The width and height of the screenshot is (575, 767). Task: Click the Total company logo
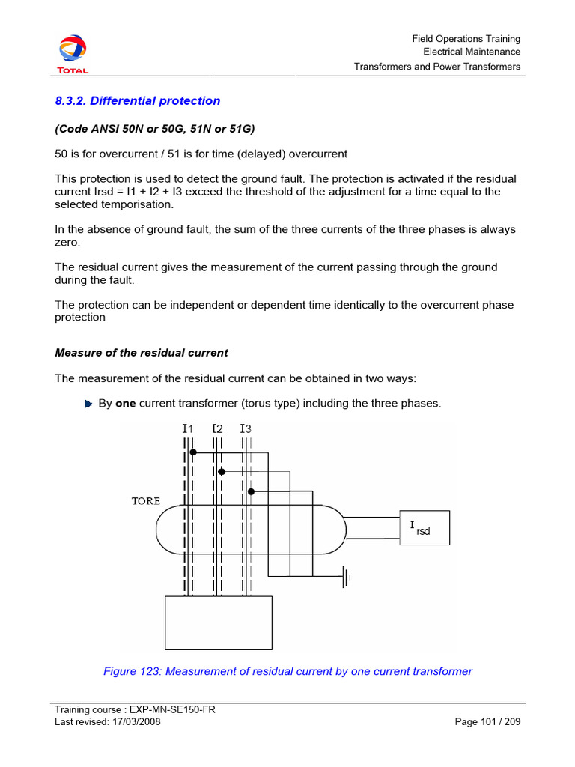73,54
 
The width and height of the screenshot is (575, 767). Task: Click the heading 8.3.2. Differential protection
138,101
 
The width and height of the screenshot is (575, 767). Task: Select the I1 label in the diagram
188,429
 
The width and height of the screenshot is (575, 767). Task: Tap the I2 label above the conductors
217,429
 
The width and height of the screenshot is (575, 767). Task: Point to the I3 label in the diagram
246,429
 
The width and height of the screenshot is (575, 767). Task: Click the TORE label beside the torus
146,500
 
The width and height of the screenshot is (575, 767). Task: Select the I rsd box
424,530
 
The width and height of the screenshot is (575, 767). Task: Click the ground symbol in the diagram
346,577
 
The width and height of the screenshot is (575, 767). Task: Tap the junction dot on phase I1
192,452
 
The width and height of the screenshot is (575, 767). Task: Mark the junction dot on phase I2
222,472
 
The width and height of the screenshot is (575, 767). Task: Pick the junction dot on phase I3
251,491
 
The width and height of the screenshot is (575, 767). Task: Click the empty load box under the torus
218,622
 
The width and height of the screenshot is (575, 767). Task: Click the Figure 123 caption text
287,671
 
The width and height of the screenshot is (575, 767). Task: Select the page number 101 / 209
487,722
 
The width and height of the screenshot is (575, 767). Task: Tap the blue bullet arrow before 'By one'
88,404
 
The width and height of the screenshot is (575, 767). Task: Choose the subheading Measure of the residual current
142,353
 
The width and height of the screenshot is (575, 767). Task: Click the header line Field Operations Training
466,39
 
